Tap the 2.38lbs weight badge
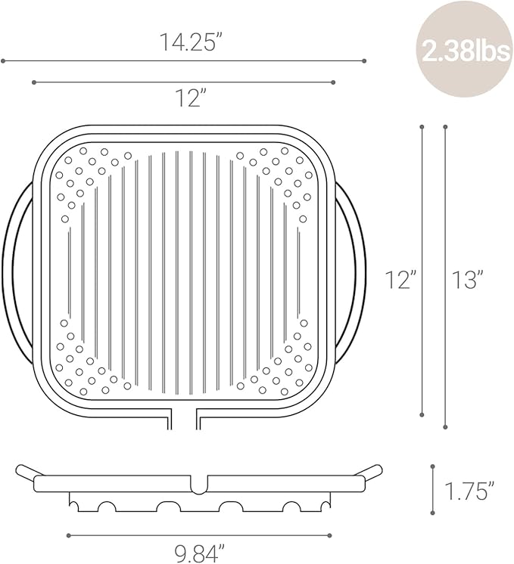click(x=465, y=53)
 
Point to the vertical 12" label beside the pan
click(x=400, y=280)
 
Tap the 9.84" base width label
click(x=200, y=553)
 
